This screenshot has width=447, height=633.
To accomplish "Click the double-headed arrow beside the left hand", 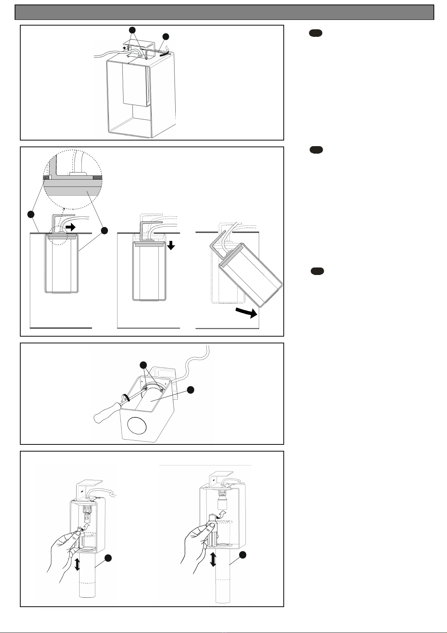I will [77, 565].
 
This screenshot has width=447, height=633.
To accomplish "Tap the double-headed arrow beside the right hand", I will [213, 559].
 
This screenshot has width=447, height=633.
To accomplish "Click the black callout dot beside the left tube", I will [108, 559].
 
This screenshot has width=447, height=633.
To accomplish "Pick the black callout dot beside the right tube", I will [243, 554].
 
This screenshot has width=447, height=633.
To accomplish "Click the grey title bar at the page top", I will [224, 12].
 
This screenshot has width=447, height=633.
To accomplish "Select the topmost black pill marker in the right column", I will [316, 34].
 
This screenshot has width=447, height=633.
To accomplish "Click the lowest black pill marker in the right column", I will [318, 271].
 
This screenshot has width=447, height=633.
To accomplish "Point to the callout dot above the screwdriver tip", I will [143, 365].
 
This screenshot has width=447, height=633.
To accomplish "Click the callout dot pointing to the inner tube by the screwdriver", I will [190, 390].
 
